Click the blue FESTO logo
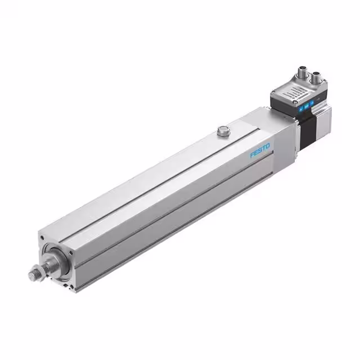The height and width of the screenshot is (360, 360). click(259, 150)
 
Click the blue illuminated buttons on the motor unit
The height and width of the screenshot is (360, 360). click(308, 106)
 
